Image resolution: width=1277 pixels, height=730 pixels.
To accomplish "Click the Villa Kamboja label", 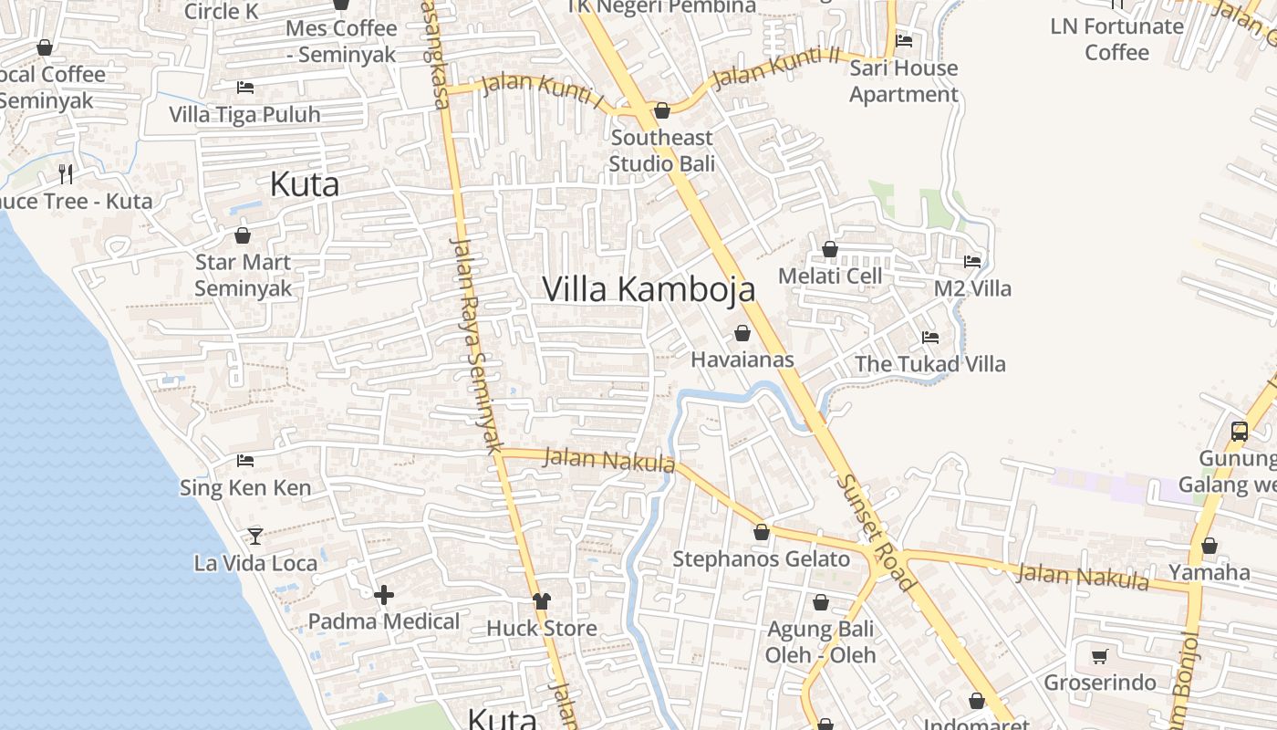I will point(649,289).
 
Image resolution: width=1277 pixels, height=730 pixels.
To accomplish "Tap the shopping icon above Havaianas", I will point(742,333).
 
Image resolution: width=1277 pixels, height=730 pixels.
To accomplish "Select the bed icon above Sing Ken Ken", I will point(244,461).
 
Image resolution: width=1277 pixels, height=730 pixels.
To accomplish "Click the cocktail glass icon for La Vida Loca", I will point(255,536).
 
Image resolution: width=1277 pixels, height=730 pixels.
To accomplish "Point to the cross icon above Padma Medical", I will point(384,595).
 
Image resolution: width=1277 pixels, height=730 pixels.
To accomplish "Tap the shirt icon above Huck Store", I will point(542,600).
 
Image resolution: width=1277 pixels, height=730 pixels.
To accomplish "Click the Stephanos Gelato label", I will point(761,558).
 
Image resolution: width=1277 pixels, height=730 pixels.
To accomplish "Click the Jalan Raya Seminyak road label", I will point(477,345).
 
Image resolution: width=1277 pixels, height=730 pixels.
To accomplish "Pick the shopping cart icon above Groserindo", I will point(1099,656).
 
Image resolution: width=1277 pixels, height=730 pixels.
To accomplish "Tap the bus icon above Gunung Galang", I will point(1239,431).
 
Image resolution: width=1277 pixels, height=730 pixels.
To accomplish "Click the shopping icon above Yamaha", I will point(1209,546).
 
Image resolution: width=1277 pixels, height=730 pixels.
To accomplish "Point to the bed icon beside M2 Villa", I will point(972,262).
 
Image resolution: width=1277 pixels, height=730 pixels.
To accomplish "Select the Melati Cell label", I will point(830,276).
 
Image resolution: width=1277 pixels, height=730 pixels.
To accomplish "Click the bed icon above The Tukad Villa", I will point(929,338).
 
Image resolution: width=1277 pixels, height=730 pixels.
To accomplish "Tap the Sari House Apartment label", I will point(903,81).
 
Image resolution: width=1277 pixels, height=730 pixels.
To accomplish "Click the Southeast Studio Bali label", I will point(661,151).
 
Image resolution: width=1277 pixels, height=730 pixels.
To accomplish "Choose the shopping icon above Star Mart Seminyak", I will point(243,235).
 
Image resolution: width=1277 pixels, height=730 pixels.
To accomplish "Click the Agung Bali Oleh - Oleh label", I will point(820,641).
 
